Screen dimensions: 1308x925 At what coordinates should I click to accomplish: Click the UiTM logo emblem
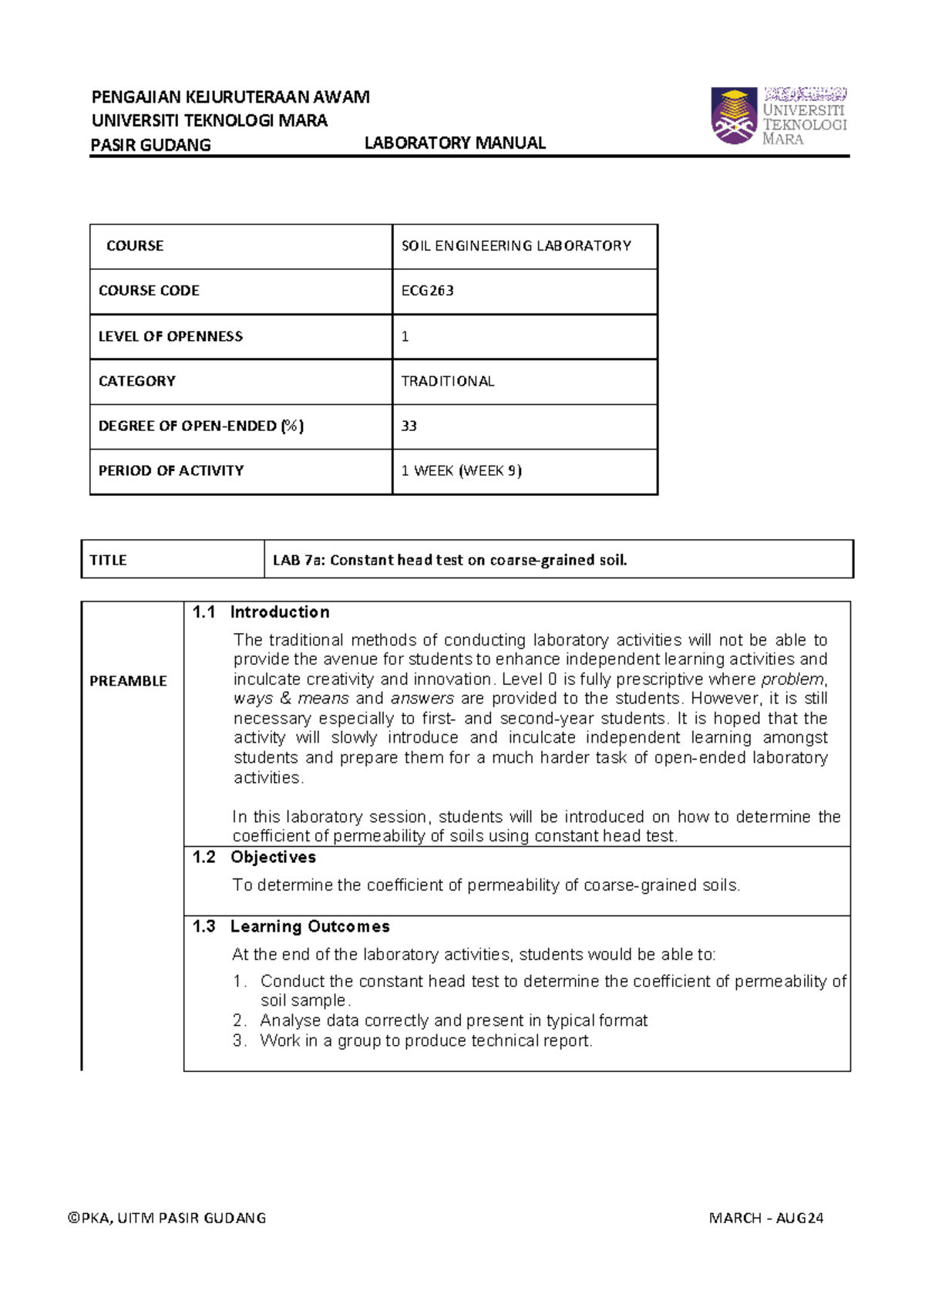coord(734,116)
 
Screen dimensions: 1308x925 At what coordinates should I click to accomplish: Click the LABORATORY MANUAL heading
coord(455,143)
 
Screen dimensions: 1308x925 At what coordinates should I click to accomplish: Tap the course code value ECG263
coord(428,291)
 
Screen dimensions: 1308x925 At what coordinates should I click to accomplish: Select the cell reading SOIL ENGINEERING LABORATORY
coord(516,246)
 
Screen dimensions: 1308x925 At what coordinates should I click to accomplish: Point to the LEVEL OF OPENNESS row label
coord(170,336)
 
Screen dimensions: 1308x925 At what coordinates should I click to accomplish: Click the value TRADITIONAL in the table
coord(448,381)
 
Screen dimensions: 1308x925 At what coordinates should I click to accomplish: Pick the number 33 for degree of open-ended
coord(409,426)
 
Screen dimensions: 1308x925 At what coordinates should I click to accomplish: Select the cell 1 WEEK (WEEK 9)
coord(462,470)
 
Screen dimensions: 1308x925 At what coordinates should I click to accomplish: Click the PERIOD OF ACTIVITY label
coord(171,470)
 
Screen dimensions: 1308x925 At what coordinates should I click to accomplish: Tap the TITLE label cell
coord(108,560)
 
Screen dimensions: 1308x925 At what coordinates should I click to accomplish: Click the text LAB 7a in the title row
coord(298,560)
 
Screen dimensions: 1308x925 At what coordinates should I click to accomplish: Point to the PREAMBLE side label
coord(128,681)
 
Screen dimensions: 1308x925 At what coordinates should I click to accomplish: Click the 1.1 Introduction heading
coord(261,612)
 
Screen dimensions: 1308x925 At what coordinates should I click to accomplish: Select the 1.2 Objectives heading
coord(254,857)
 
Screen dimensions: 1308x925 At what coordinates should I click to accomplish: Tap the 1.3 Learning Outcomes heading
coord(291,926)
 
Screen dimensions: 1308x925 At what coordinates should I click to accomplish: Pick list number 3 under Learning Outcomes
coord(240,1040)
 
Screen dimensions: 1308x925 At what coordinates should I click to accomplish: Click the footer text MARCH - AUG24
coord(766,1218)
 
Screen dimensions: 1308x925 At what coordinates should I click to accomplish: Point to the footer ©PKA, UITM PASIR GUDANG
coord(167,1218)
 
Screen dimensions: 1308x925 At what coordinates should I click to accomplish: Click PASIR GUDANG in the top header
coord(151,145)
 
